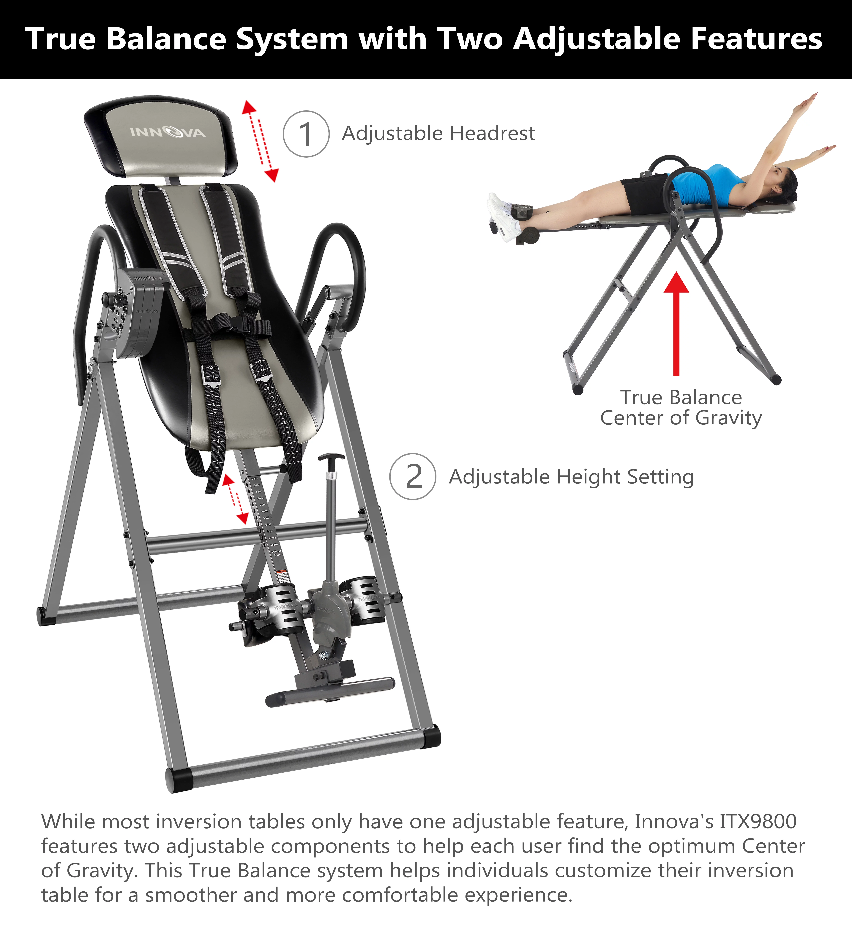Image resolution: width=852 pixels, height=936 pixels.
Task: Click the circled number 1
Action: pos(306,134)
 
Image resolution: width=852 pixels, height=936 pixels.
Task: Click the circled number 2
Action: pos(413,477)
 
